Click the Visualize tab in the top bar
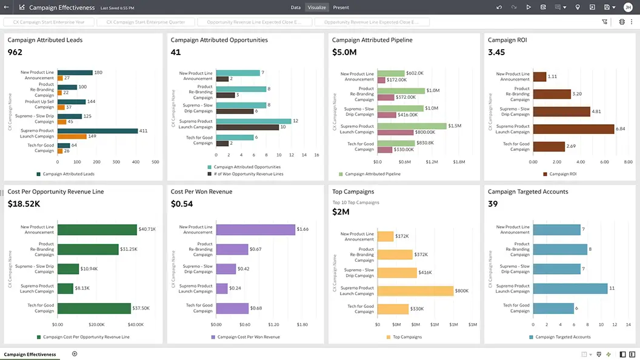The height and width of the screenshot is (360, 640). (x=316, y=7)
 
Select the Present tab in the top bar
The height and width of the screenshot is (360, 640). (x=341, y=7)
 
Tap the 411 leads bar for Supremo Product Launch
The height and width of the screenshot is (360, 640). (x=96, y=130)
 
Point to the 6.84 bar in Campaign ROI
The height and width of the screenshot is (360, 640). (x=573, y=128)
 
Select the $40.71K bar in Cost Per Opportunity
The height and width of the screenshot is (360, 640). (x=97, y=230)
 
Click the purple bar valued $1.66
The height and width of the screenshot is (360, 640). (x=255, y=230)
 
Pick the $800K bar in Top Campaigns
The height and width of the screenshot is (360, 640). (x=415, y=291)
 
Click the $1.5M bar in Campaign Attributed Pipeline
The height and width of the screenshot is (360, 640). (x=412, y=126)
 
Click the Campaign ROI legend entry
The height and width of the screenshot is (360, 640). (x=563, y=174)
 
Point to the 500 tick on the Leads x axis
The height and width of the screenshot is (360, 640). (x=155, y=162)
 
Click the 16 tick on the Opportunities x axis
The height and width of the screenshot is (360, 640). (x=316, y=155)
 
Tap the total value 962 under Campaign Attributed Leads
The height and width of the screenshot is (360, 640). (x=15, y=53)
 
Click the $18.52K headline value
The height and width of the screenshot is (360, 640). (x=24, y=204)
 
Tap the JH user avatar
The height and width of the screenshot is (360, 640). (x=628, y=7)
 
